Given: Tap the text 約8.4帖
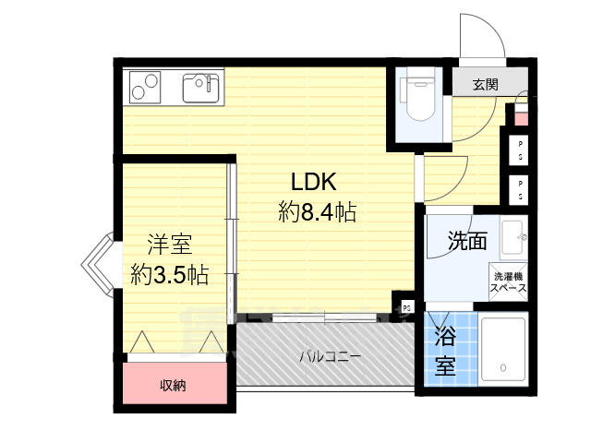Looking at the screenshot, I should [x=318, y=212].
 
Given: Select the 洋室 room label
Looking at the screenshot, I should [x=170, y=245].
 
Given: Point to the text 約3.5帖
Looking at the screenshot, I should [x=169, y=274].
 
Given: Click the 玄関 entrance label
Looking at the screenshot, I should [x=486, y=85].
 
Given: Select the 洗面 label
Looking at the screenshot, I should [x=467, y=243].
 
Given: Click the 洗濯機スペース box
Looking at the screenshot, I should [x=509, y=281].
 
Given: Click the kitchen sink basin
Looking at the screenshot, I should [x=199, y=88].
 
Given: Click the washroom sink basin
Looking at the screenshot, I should [x=512, y=235].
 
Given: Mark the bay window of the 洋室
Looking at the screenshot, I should [x=97, y=261].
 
